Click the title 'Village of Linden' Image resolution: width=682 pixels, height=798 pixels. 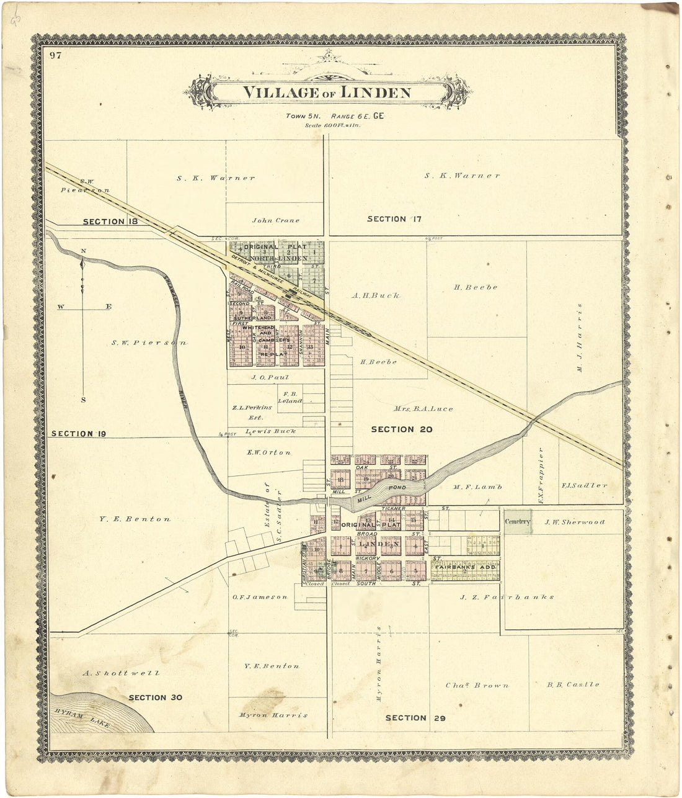(x=326, y=93)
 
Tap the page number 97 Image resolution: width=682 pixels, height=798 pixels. (x=56, y=56)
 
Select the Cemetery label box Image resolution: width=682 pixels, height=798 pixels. (x=517, y=522)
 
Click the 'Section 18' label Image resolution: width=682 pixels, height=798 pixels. (x=110, y=222)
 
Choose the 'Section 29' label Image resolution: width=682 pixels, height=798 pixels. (x=415, y=718)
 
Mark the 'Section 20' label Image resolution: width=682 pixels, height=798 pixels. (x=401, y=429)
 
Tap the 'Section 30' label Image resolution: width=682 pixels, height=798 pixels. (x=155, y=697)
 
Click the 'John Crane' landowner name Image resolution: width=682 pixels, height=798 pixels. (x=275, y=220)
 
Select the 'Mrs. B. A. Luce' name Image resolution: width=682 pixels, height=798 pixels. (x=423, y=409)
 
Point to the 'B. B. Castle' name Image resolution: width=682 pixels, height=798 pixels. (x=573, y=684)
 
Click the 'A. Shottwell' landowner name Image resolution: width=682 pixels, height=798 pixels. (x=121, y=673)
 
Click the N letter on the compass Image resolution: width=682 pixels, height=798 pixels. (x=83, y=251)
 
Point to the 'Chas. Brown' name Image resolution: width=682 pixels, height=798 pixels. (x=477, y=686)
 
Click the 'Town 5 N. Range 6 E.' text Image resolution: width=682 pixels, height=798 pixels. (x=327, y=116)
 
